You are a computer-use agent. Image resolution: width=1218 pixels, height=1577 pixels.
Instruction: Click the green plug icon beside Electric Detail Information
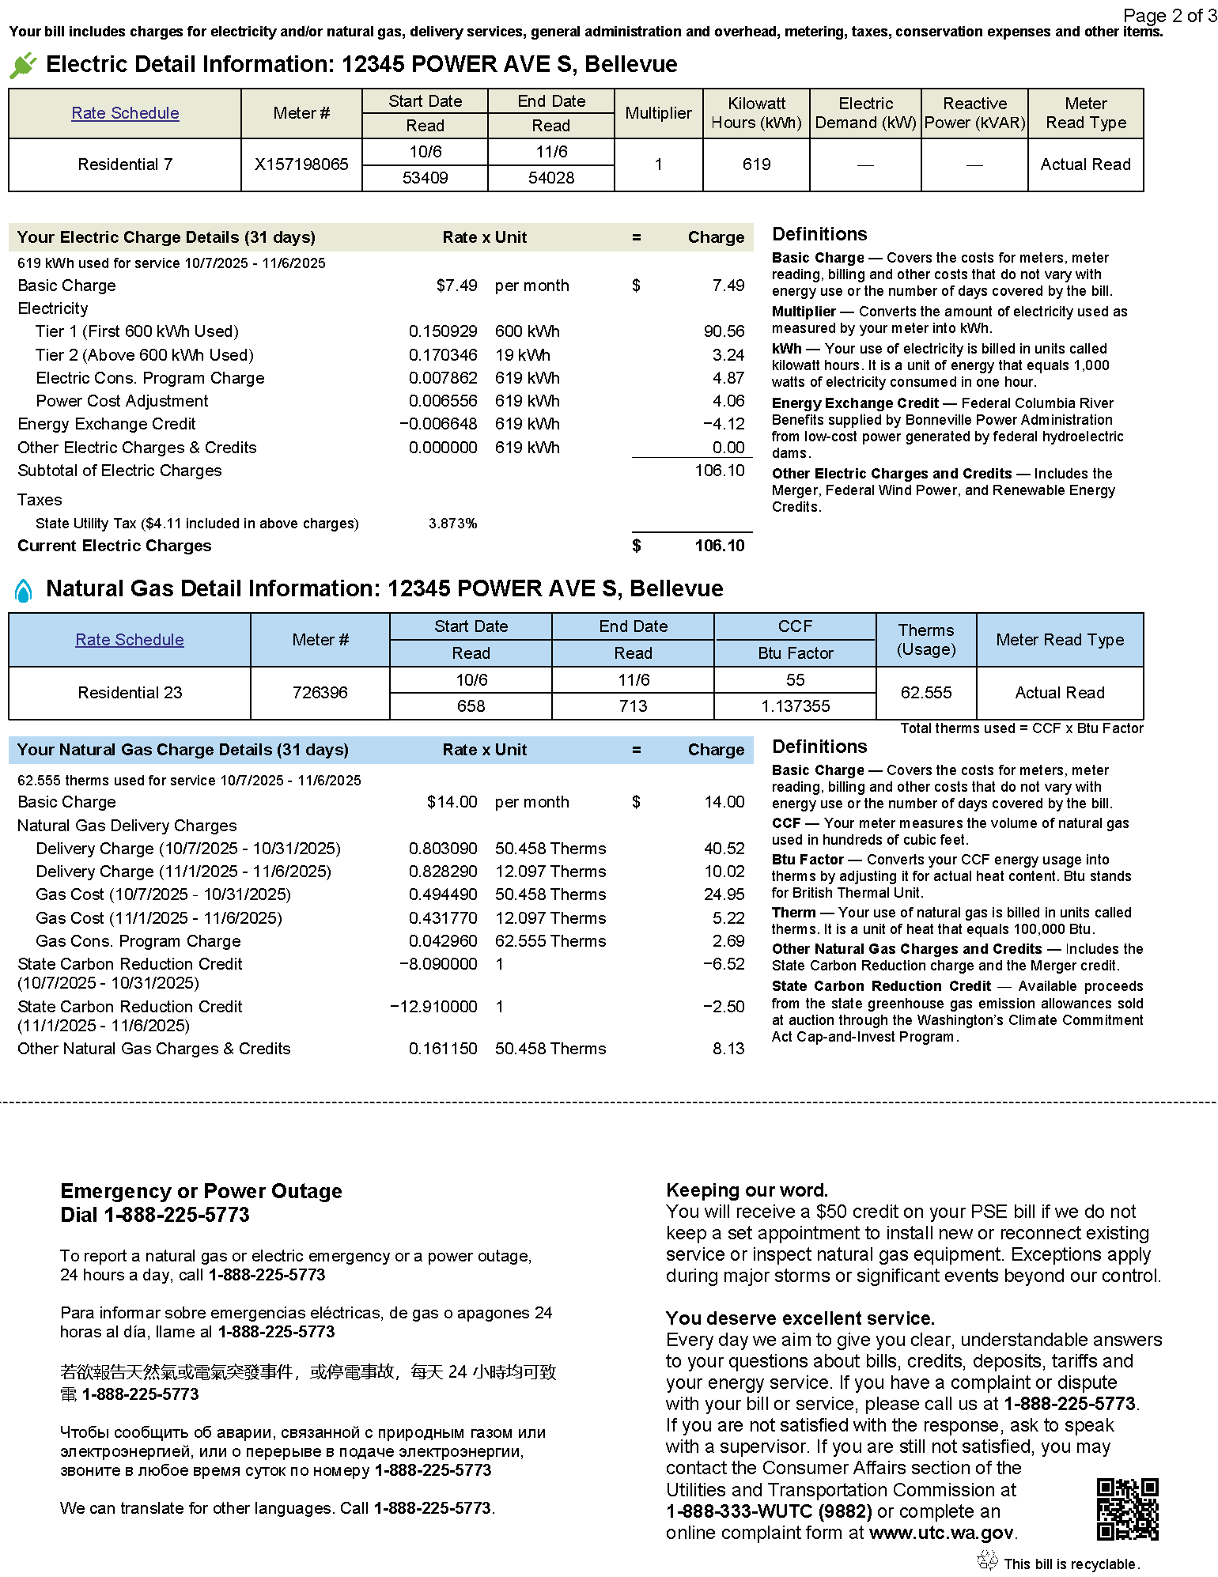tap(23, 65)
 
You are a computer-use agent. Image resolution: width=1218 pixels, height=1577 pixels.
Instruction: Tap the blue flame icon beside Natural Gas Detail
tap(24, 590)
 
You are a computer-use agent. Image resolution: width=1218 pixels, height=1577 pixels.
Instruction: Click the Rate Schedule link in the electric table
tap(125, 113)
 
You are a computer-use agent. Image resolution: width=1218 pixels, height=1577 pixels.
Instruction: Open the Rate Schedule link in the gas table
tap(130, 640)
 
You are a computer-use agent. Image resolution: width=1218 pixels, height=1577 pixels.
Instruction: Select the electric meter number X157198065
tap(301, 165)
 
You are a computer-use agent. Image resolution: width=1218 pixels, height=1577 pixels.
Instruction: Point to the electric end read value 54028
tap(551, 178)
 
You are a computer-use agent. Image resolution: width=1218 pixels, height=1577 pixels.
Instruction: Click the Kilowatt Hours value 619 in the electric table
tap(756, 165)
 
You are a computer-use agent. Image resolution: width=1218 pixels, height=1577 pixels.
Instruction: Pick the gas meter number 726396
tap(320, 693)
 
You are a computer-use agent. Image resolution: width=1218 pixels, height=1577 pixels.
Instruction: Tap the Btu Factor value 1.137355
tap(795, 706)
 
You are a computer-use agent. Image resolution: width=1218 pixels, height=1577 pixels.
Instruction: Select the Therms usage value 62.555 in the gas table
tap(926, 693)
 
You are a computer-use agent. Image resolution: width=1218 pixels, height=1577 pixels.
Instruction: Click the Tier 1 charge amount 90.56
tap(724, 331)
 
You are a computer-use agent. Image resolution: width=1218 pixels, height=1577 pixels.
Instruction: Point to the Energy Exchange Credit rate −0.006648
tap(438, 424)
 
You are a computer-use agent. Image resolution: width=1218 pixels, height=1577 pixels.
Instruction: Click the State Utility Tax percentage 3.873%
tap(452, 524)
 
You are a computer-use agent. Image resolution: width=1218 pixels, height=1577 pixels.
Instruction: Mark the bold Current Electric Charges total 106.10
tap(719, 546)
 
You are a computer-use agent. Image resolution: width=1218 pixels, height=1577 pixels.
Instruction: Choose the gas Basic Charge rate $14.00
tap(452, 802)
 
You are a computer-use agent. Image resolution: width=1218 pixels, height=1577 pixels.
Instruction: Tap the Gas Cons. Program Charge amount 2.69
tap(728, 941)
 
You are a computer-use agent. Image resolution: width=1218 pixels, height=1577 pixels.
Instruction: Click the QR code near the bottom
tap(1127, 1509)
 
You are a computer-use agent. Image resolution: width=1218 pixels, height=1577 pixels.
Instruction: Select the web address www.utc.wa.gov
tap(940, 1533)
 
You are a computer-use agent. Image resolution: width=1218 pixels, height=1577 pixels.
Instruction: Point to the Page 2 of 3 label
tap(1169, 16)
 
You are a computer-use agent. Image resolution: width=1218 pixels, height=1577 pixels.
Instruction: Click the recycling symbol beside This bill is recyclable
tap(987, 1560)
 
